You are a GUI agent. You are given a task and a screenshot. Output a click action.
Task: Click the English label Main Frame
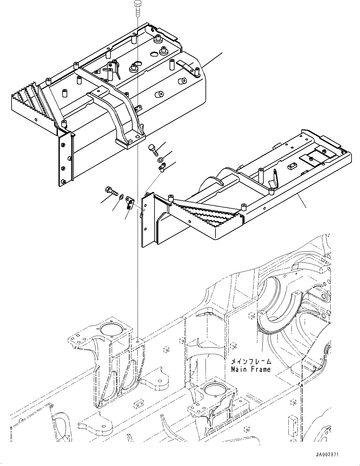coord(251,369)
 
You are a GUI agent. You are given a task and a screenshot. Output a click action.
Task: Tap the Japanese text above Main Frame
coord(251,362)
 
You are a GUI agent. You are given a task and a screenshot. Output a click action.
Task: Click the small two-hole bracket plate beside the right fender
coord(129,202)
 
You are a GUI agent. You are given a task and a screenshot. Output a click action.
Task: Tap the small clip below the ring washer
coord(162,169)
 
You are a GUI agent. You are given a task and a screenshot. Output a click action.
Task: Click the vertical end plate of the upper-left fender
coord(65,159)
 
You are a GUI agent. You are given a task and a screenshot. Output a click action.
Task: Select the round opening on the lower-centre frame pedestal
coord(213,390)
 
